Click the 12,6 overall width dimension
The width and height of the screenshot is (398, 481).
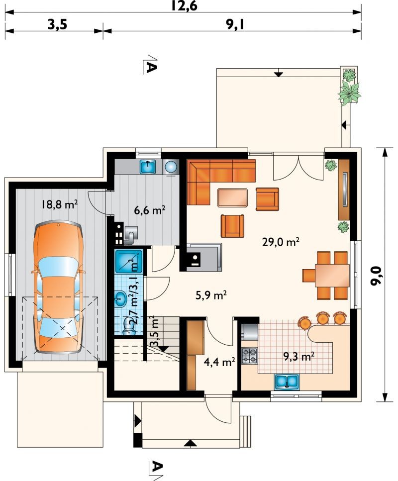point(184,5)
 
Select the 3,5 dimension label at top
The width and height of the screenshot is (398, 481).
point(57,24)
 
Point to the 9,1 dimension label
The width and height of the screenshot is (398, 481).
point(235,24)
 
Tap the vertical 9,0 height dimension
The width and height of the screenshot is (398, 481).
point(376,276)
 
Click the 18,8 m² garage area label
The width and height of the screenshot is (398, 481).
point(60,204)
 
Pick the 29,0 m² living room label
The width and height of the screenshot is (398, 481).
point(281,242)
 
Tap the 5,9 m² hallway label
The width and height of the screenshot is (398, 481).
point(211,295)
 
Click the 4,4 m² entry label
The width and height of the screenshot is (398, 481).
point(219,362)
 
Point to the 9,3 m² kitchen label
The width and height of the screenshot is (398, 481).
point(298,357)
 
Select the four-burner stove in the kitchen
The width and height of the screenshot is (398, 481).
point(249,356)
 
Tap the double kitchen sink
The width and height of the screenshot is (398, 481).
point(287,382)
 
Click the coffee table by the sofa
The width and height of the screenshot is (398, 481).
point(232,197)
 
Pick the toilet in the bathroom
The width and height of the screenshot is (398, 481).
point(128,326)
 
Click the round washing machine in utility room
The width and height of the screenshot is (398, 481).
point(171,167)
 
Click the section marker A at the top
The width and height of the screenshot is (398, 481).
point(150,65)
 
